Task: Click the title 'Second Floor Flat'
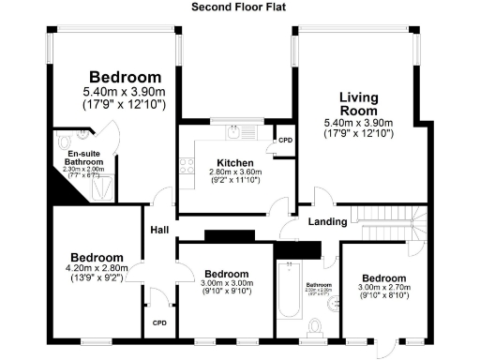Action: click(x=239, y=7)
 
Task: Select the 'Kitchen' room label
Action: click(x=229, y=161)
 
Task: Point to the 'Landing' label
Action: click(x=329, y=222)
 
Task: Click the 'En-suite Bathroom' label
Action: click(x=83, y=157)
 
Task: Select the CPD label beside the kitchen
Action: click(x=284, y=141)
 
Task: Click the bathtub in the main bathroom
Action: click(x=287, y=294)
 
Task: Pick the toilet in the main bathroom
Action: click(x=318, y=327)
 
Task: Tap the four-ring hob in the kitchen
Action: click(x=187, y=167)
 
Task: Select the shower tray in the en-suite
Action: click(x=102, y=187)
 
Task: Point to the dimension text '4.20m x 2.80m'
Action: click(x=97, y=268)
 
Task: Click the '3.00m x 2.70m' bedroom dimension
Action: click(x=384, y=289)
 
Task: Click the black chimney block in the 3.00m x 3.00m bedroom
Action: click(x=223, y=235)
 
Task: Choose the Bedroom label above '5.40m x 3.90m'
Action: click(x=125, y=76)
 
